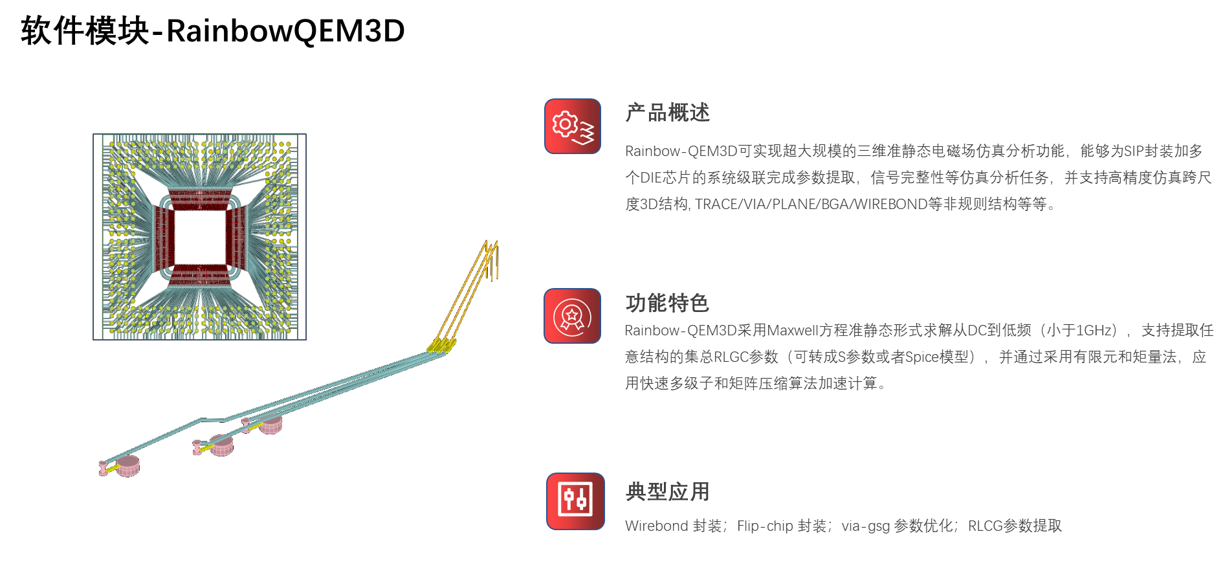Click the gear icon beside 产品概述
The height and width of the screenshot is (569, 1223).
(x=573, y=126)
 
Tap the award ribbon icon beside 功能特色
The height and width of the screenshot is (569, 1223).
(x=573, y=316)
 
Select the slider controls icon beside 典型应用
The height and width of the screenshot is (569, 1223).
(x=575, y=501)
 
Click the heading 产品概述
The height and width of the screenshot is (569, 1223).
(x=667, y=113)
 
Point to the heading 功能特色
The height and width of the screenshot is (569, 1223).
(x=667, y=303)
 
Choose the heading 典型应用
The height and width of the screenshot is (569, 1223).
(x=667, y=492)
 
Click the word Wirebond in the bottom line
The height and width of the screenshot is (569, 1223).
(x=656, y=526)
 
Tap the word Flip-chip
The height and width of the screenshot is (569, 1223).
(x=764, y=526)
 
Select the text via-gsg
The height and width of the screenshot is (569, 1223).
(x=865, y=526)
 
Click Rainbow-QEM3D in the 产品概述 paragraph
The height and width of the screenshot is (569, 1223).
(x=681, y=151)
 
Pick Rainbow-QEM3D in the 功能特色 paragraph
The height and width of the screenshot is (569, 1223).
(x=680, y=331)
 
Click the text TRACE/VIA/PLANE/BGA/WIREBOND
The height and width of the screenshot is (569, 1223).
(x=811, y=205)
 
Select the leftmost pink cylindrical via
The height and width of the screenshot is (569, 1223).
(x=127, y=465)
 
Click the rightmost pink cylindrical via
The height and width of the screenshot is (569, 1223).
(x=270, y=424)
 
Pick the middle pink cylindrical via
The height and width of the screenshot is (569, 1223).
(x=221, y=445)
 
